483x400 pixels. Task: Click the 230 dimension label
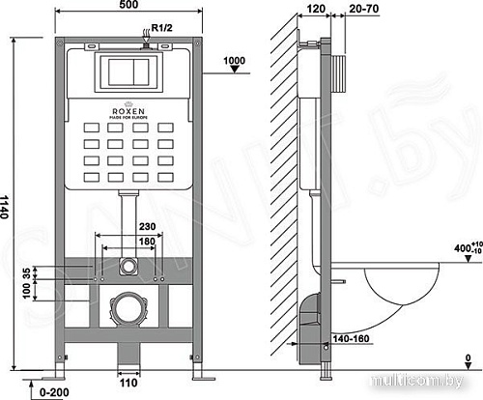click(127, 227)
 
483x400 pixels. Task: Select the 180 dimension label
click(127, 243)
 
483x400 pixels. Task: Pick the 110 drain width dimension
click(128, 384)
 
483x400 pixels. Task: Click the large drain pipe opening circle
click(127, 311)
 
